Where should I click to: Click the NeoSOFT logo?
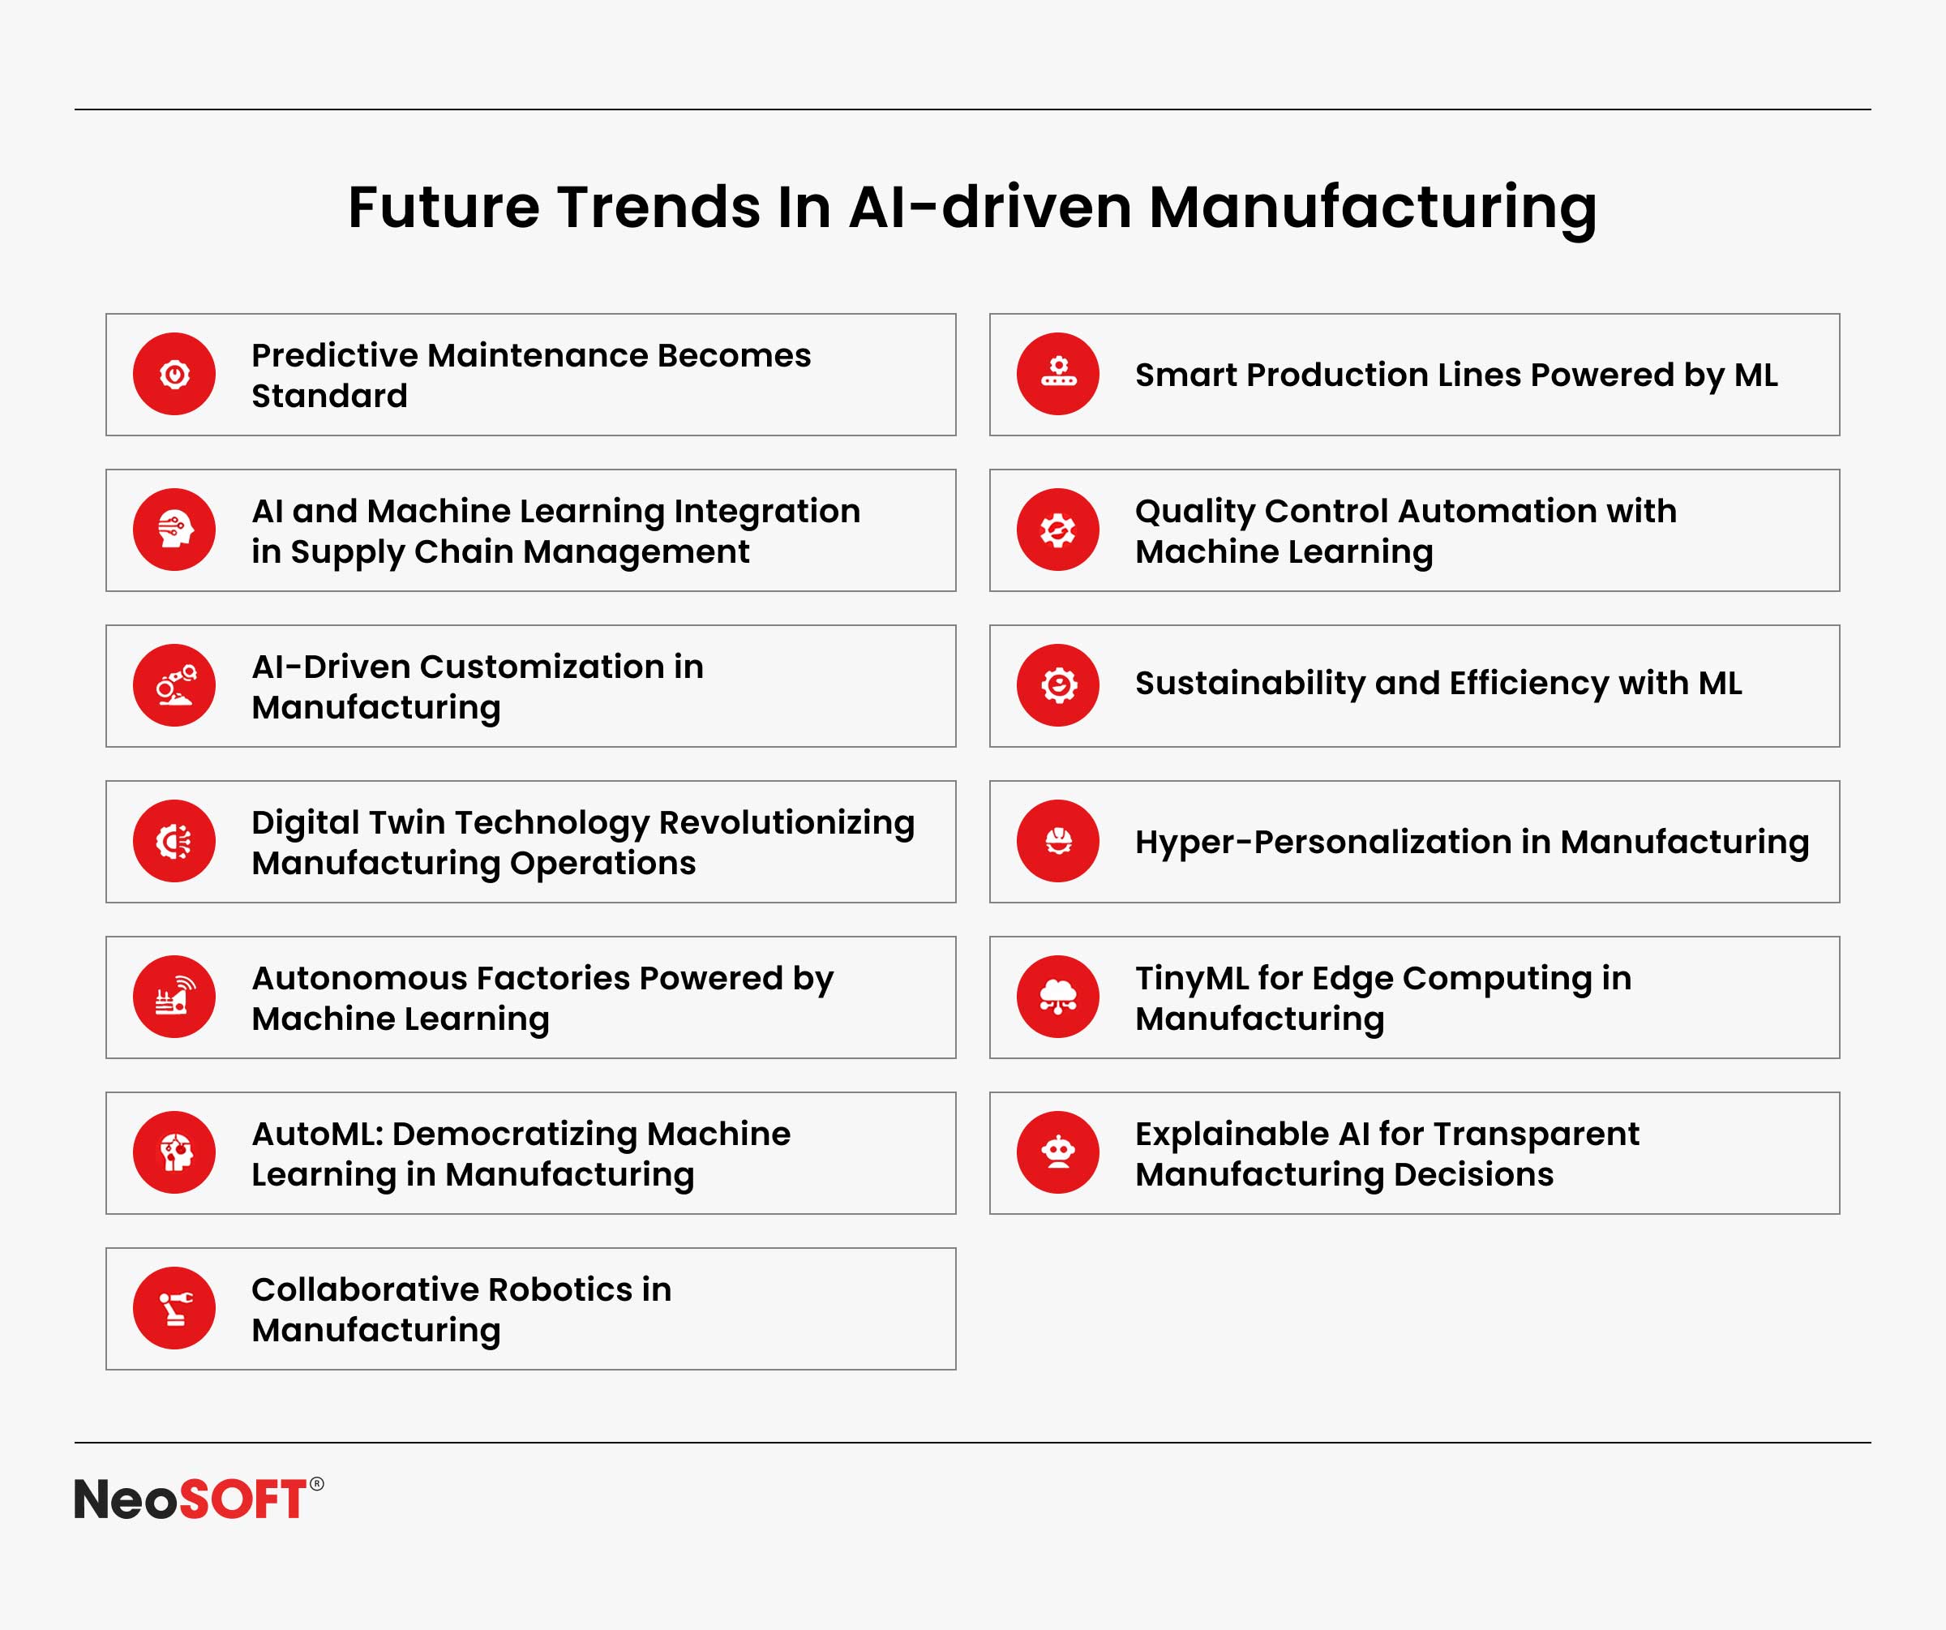[x=199, y=1499]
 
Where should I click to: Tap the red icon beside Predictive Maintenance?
[x=174, y=375]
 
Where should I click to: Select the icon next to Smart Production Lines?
[x=1057, y=375]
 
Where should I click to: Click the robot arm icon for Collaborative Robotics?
[x=174, y=1307]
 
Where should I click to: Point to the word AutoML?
[x=318, y=1134]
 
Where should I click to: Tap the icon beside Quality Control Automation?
[x=1057, y=530]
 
